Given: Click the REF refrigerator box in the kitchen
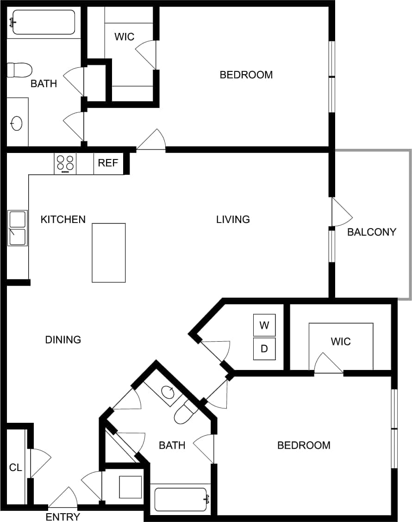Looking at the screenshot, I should coord(108,164).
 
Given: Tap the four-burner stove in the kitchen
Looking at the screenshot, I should coord(65,164).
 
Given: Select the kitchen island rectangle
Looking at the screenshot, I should coord(109,253).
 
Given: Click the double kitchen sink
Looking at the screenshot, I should coord(18,228).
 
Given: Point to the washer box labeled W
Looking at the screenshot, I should coord(264,325).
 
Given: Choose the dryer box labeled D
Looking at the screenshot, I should coord(264,349).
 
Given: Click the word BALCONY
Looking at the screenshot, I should coord(372,232).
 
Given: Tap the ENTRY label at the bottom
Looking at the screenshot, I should coord(63,517).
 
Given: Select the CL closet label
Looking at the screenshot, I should coord(16,467).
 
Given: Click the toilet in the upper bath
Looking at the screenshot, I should coord(19,70).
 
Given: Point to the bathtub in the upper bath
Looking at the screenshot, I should coord(44,22).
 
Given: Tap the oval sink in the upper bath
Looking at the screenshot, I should coord(17,124).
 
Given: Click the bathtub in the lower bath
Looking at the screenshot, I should coord(181,499).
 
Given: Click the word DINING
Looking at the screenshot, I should coord(63,340).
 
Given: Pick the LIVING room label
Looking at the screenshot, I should coord(233,219).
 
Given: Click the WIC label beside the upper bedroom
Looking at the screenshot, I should coord(124,37).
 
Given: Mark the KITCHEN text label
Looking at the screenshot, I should coord(63,219).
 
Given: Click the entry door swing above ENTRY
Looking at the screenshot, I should coord(63,498).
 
